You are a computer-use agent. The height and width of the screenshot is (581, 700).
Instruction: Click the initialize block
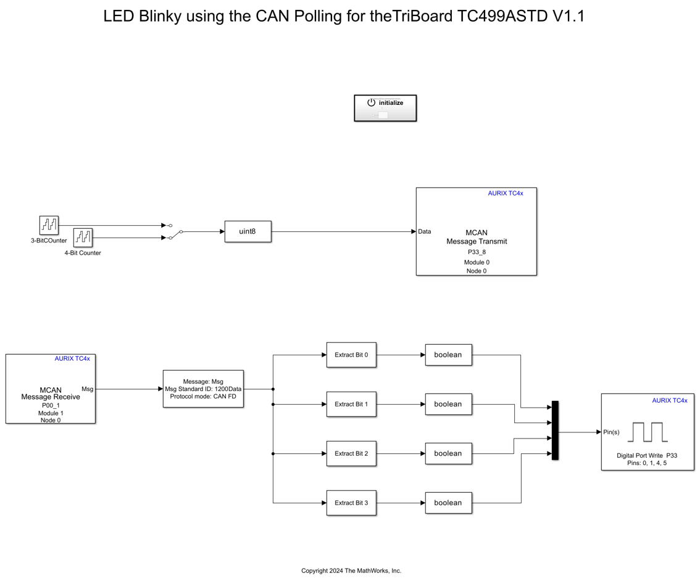385,108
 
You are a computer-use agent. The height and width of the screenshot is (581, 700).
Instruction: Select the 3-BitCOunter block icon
49,225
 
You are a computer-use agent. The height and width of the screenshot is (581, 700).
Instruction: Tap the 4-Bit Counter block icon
83,237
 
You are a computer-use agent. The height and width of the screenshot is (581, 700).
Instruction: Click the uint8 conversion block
248,231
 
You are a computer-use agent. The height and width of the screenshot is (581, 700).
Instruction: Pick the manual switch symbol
173,232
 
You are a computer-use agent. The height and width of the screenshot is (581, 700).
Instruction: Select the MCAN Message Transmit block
476,231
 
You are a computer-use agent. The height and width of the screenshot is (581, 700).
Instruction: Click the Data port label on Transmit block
425,231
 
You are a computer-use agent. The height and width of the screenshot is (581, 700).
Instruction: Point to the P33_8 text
477,252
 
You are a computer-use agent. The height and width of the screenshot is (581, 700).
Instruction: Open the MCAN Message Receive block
51,389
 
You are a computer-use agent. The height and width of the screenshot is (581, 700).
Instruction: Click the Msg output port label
87,389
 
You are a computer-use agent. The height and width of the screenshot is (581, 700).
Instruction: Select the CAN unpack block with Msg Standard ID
203,389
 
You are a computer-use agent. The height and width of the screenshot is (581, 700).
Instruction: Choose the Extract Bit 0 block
351,355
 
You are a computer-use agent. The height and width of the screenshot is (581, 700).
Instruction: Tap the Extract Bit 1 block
351,404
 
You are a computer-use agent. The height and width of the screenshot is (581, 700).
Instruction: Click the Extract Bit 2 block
351,453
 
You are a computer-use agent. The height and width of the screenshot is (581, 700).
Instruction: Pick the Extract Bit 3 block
351,503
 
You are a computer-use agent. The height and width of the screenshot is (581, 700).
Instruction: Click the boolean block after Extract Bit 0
448,355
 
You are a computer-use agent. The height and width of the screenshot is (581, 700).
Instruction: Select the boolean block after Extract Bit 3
448,503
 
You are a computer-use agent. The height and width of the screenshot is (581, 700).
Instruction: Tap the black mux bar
555,430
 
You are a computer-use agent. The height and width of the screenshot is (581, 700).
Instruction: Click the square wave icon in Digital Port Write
648,432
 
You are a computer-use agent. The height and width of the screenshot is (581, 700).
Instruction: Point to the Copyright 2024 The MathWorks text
351,571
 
